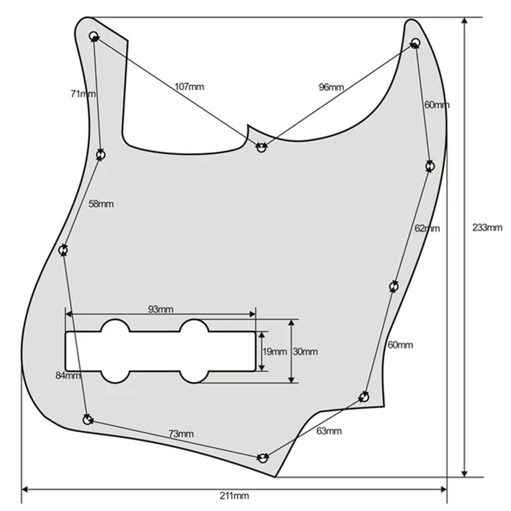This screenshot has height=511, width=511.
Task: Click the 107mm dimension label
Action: coord(189,87)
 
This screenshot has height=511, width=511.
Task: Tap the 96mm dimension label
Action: coord(331,87)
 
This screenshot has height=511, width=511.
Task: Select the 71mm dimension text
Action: coord(83,94)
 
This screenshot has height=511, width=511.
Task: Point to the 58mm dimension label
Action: coord(101,204)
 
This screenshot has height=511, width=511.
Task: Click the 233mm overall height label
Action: coord(488,227)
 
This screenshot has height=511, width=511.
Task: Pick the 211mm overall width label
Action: coord(234,496)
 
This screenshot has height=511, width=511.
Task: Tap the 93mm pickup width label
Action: coord(161,309)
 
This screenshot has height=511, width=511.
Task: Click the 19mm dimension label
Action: coord(275,352)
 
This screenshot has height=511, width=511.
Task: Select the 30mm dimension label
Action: coord(305,352)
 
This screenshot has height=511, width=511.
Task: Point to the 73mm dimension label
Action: coord(181,434)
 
